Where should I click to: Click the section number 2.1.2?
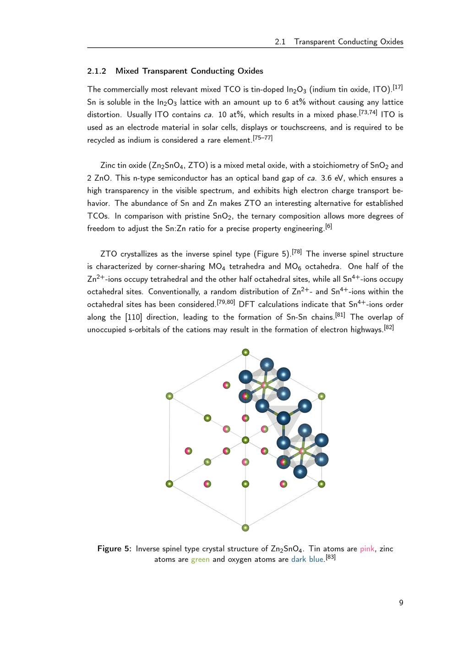click(x=97, y=71)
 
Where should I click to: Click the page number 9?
click(x=401, y=603)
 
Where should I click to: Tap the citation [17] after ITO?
click(x=398, y=87)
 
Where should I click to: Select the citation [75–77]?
click(x=262, y=137)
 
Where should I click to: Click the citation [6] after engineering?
click(x=328, y=226)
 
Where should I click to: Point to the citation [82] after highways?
click(x=389, y=327)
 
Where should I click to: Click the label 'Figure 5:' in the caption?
click(x=114, y=549)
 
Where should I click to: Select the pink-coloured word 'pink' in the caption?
click(x=367, y=549)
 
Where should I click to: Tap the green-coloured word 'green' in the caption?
click(x=200, y=559)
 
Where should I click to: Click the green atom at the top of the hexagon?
click(x=245, y=352)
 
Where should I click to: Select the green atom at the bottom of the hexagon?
click(x=245, y=528)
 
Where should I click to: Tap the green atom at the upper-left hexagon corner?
click(x=169, y=396)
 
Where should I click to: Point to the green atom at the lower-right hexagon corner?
click(x=322, y=484)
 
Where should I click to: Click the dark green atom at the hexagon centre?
click(x=245, y=440)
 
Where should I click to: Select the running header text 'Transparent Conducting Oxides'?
click(x=349, y=42)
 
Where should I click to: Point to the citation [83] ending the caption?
click(x=331, y=557)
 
